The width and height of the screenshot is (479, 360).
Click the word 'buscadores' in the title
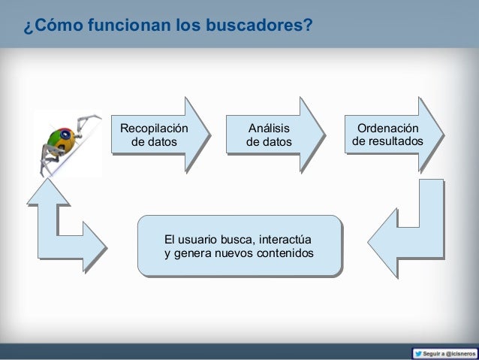coord(256,28)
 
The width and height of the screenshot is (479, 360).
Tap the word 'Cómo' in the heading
coord(56,28)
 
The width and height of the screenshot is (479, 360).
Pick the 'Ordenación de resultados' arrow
coord(390,135)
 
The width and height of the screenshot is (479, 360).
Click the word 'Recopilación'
coord(155,128)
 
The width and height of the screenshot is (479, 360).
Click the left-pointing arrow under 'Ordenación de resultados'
coord(405,225)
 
